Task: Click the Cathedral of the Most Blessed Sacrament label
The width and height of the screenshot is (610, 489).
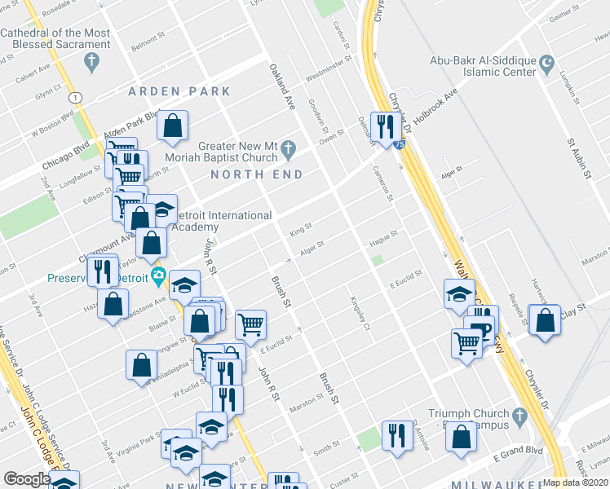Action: tap(55, 38)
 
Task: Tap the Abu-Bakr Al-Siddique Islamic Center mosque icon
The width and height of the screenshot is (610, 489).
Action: tap(547, 62)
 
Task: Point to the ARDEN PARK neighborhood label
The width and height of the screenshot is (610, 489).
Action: tap(179, 91)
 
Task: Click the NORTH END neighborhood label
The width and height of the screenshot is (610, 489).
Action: tap(256, 174)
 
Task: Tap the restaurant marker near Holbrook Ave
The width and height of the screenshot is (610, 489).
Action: tap(382, 126)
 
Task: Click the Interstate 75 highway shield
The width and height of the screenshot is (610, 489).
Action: tap(397, 143)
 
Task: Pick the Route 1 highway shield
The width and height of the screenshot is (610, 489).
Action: tap(76, 97)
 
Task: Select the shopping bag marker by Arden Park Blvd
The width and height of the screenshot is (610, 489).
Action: tap(173, 126)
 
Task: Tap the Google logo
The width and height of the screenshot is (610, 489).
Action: tap(26, 479)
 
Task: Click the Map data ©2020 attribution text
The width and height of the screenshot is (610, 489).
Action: tap(576, 482)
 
